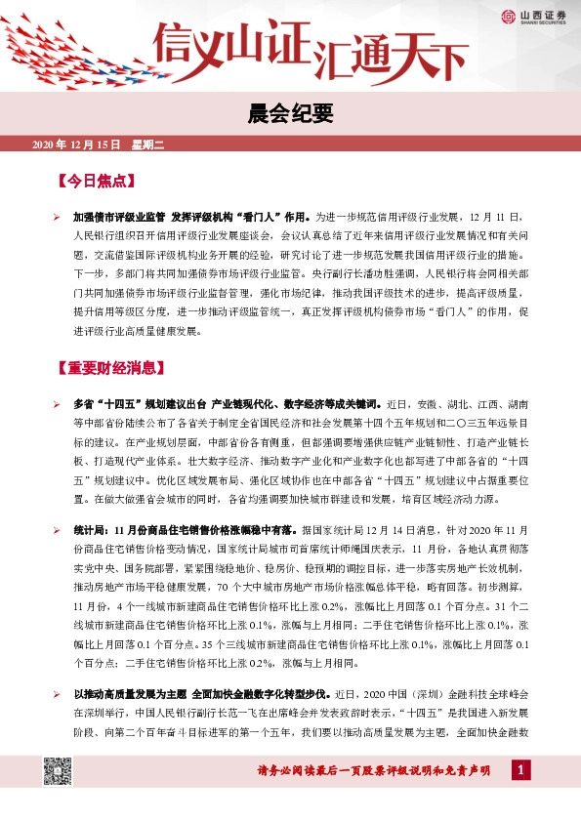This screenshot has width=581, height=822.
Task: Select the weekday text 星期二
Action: point(149,145)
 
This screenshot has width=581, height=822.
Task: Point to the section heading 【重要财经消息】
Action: point(108,369)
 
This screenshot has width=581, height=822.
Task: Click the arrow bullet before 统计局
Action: point(56,527)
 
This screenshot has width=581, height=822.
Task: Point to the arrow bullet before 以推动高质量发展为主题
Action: point(56,692)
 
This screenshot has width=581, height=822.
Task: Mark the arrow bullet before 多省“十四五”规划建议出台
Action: point(56,403)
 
